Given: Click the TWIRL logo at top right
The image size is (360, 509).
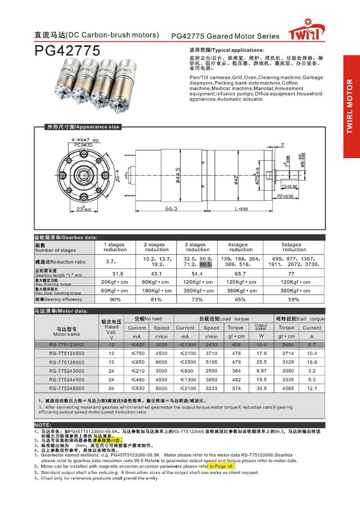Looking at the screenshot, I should coord(306,31).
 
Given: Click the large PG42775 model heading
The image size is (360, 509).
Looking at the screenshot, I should coord(67,50).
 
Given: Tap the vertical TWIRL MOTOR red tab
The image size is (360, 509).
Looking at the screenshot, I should coord(351,107).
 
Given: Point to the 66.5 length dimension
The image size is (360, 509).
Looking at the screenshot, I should coord(171,209).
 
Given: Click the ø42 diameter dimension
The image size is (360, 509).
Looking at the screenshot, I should coord(236,179).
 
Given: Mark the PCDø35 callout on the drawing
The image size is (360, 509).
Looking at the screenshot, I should coord(83,145).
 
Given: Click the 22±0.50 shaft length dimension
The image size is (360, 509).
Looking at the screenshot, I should coord(285,196).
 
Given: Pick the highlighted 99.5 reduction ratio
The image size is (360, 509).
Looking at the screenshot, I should coord(205,264).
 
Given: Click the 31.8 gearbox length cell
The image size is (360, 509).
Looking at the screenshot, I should coord(117,273).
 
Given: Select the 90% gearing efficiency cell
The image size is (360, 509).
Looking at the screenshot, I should coord(115,299).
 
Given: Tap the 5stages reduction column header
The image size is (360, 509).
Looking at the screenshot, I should coord(294,247).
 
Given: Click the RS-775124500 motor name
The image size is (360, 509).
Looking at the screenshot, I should coord(67,353).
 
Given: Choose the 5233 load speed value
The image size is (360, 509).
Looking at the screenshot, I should coord(211,388).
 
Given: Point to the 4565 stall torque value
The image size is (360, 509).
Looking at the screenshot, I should coord(288,388).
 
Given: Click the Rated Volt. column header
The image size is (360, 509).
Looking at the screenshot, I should coord(111,327).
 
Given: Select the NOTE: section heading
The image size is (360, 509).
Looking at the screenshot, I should coord(43,425).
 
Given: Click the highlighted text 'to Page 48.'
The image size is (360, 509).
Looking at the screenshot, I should coord(221,466).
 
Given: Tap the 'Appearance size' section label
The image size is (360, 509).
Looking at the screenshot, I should coord(83,127).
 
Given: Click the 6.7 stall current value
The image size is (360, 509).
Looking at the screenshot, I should coord(312,345).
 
